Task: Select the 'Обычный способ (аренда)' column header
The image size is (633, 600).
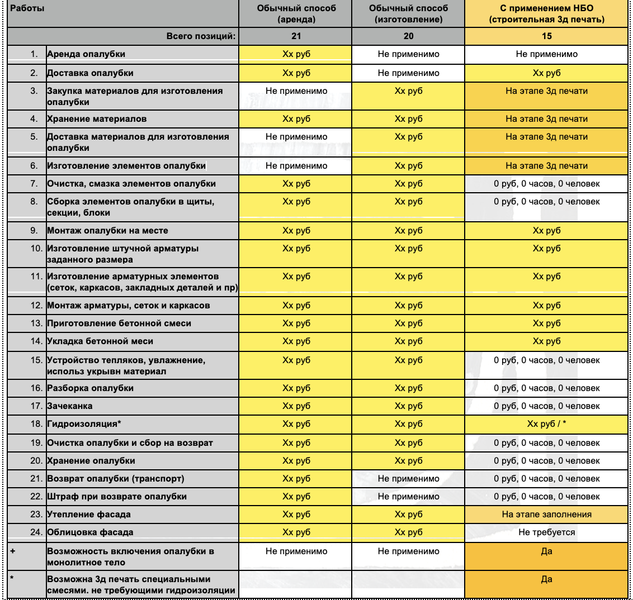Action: coord(296,14)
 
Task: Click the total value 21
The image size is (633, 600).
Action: coord(296,36)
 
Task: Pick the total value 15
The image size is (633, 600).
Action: coord(546,36)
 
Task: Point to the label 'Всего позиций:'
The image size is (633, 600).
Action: coord(201,36)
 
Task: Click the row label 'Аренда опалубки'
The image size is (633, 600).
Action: coord(86,54)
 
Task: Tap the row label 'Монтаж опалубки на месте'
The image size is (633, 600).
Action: coord(107,231)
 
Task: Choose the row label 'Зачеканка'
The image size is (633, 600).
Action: coord(70,406)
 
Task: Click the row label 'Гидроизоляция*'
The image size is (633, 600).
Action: coord(84,424)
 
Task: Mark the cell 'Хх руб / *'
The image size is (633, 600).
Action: coord(546,424)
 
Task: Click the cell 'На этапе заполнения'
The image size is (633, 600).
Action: coord(546,515)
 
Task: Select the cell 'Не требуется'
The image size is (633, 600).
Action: coord(546,532)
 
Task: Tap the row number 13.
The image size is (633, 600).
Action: coord(36,323)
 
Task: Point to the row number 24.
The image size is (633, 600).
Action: coord(36,532)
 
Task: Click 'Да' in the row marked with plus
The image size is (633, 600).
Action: coord(546,551)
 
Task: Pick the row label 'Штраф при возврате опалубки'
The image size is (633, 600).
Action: coord(117,497)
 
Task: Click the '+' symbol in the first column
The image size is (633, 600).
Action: coord(13,551)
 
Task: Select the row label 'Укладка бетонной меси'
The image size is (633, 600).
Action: coord(100,341)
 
